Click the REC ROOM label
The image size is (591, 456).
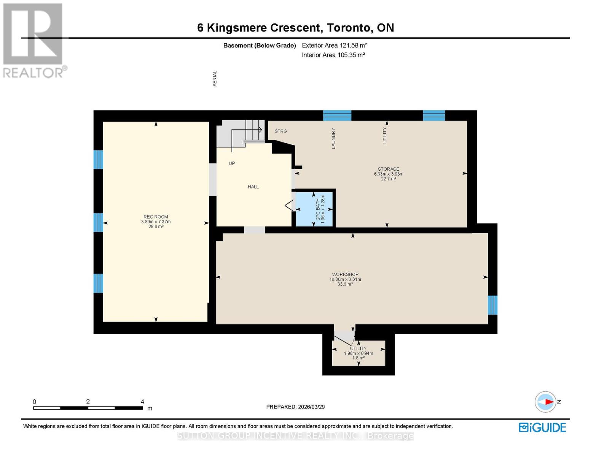pyautogui.click(x=156, y=217)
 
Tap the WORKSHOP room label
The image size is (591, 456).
pyautogui.click(x=345, y=274)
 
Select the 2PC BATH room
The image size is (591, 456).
pyautogui.click(x=314, y=209)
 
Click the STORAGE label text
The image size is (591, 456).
pyautogui.click(x=388, y=169)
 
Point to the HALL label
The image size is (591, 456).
pyautogui.click(x=253, y=187)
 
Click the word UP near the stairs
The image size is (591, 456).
pyautogui.click(x=232, y=163)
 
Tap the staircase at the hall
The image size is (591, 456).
pyautogui.click(x=244, y=133)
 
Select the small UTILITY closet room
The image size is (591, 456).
pyautogui.click(x=358, y=353)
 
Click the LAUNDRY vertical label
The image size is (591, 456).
pyautogui.click(x=333, y=138)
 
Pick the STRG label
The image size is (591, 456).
pyautogui.click(x=281, y=131)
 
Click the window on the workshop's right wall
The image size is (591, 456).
pyautogui.click(x=492, y=305)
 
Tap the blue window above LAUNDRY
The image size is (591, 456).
pyautogui.click(x=337, y=116)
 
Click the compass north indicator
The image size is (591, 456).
pyautogui.click(x=546, y=402)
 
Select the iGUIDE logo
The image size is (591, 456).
pyautogui.click(x=542, y=427)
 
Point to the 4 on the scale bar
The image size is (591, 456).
pyautogui.click(x=142, y=402)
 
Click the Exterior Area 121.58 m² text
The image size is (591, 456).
pyautogui.click(x=334, y=45)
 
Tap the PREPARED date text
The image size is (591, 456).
pyautogui.click(x=295, y=407)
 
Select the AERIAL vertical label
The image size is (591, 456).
pyautogui.click(x=215, y=78)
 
